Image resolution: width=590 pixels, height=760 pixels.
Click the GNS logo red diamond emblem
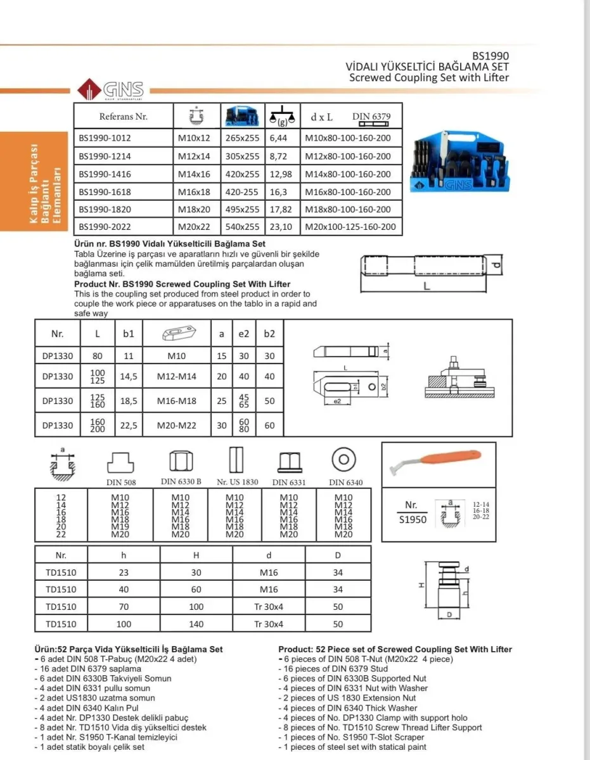click(x=89, y=89)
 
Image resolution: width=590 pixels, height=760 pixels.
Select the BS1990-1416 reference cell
click(x=105, y=174)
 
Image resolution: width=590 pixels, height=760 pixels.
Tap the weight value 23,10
click(x=281, y=227)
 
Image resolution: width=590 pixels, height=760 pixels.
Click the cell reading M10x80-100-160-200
click(x=347, y=138)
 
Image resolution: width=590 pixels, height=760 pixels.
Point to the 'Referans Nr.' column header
click(x=123, y=117)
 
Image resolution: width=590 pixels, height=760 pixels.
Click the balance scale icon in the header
click(x=282, y=117)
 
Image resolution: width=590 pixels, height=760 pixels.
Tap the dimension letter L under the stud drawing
click(x=426, y=286)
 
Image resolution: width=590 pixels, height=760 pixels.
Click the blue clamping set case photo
click(x=460, y=161)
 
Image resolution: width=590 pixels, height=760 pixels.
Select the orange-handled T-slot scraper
click(x=435, y=461)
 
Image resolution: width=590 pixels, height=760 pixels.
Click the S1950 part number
click(x=413, y=520)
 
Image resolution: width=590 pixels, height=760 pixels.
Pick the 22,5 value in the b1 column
click(x=129, y=426)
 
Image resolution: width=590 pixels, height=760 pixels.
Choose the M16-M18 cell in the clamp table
click(x=176, y=401)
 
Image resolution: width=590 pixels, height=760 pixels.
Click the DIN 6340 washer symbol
click(x=343, y=460)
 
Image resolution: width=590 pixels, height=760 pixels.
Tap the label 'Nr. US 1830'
click(x=237, y=482)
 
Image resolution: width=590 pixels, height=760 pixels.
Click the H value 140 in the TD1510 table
click(x=196, y=624)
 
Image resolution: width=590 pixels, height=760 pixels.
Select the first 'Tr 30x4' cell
click(x=269, y=607)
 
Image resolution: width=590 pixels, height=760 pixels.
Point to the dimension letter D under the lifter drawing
click(x=449, y=614)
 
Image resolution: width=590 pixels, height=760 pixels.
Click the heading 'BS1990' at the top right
click(x=491, y=56)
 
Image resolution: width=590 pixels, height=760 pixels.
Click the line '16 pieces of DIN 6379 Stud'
click(x=336, y=669)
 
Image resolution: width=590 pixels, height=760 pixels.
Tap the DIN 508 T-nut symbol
click(x=120, y=463)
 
